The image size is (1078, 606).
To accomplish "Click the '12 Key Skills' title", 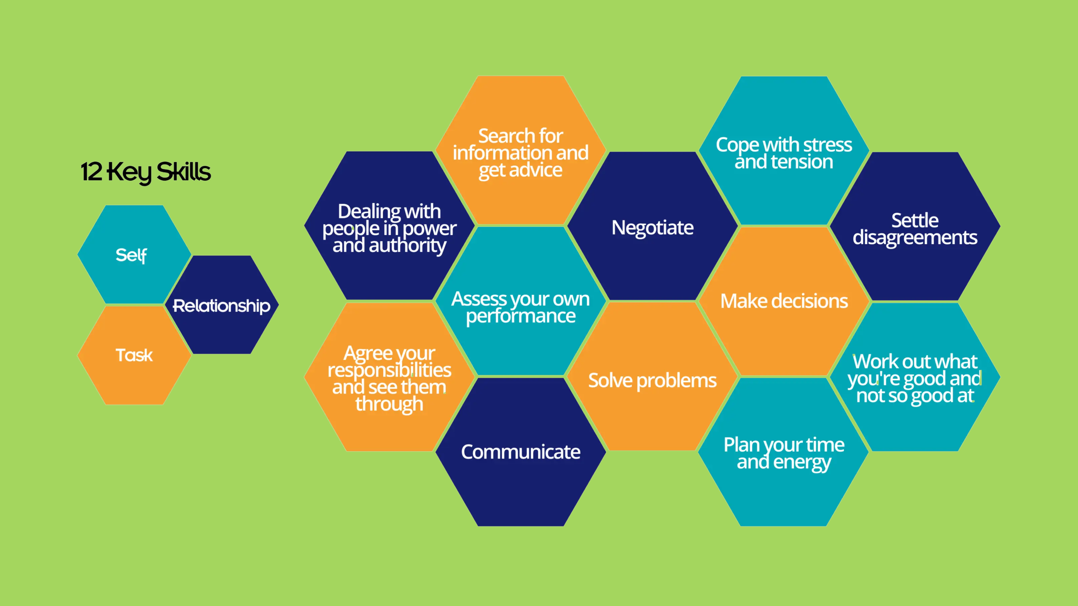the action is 146,172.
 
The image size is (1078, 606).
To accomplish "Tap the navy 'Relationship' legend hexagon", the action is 222,305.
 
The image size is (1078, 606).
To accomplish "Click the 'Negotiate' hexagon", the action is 652,226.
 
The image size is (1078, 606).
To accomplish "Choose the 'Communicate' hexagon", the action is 520,452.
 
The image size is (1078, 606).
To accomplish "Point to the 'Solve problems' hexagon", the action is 652,377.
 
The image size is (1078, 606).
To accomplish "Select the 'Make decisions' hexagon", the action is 784,301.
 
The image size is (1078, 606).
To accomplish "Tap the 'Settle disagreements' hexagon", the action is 915,226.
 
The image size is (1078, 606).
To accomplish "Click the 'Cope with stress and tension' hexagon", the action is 784,151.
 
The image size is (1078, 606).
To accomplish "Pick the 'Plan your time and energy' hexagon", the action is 784,452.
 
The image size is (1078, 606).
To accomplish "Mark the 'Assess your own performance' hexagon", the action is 520,301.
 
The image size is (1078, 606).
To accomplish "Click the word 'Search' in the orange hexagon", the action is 506,136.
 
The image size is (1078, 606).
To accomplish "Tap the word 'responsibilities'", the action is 389,370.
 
